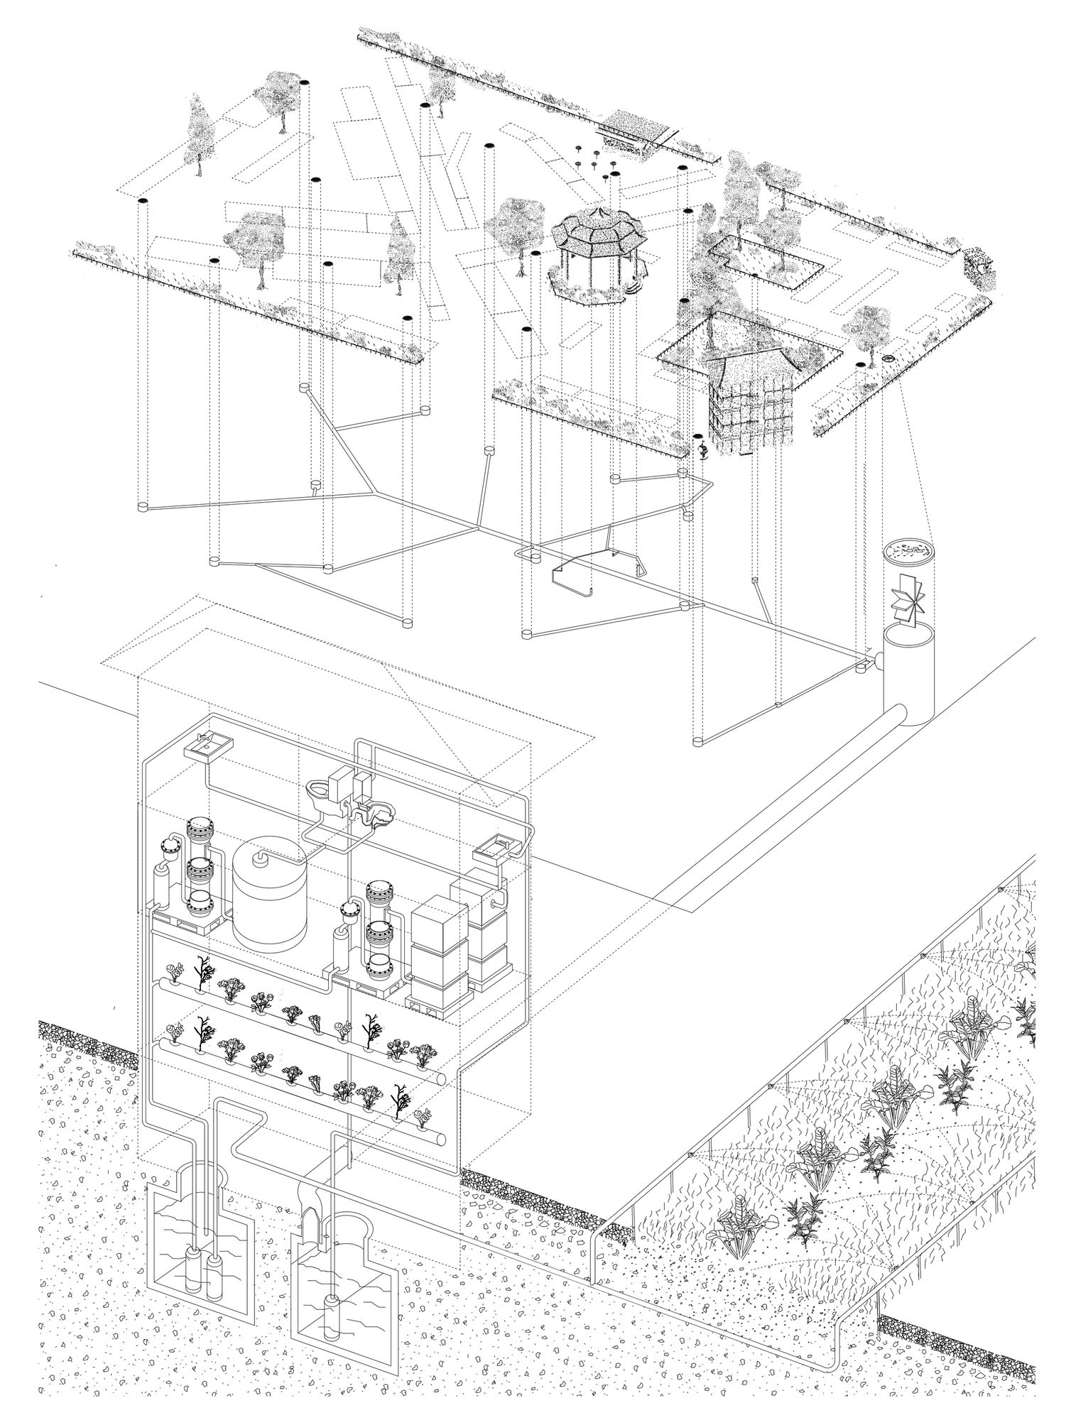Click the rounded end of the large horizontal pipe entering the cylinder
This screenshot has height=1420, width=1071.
click(899, 712)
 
